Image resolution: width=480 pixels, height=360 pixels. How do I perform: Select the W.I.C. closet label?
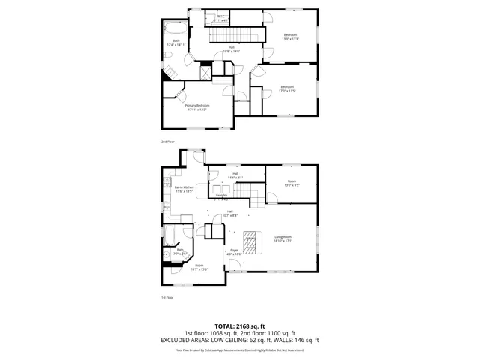coord(221,18)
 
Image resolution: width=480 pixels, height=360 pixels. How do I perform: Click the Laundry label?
coord(221,196)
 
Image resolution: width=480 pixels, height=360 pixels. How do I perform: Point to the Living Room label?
coord(283,238)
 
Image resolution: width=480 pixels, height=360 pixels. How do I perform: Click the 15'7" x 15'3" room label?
coord(199,267)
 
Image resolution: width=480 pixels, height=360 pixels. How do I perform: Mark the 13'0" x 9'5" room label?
coord(292,183)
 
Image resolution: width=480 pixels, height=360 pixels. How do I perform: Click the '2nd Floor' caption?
coord(168,141)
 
